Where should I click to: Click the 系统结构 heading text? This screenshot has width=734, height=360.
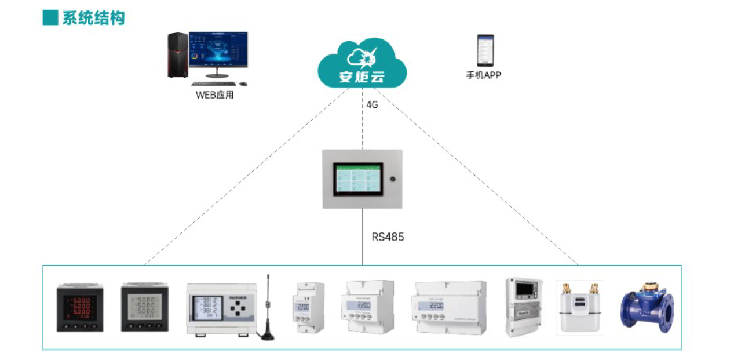93,18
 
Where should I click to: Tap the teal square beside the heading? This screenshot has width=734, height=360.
50,18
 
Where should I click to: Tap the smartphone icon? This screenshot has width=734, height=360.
485,50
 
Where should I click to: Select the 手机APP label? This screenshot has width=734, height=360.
484,75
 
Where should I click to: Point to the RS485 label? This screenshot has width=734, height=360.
388,237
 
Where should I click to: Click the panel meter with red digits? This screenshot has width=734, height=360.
80,307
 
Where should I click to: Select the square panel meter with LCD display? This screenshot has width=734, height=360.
144,307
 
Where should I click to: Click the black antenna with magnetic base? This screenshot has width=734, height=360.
268,313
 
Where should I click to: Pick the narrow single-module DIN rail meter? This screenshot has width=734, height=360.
308,307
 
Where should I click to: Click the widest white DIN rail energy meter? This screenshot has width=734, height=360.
450,307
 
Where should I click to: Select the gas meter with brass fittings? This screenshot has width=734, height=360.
579,308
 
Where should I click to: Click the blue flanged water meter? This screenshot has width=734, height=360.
647,307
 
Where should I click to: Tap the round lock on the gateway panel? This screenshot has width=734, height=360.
393,177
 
